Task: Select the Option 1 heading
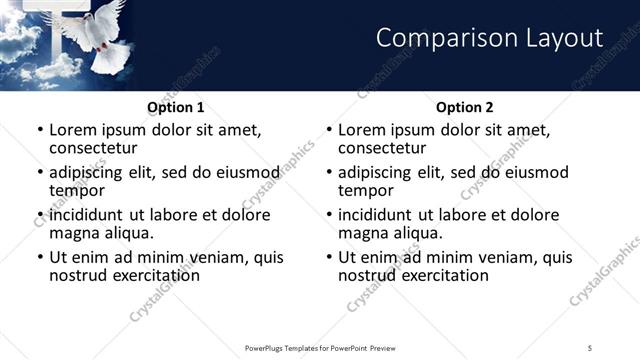176,107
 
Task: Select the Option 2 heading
465,107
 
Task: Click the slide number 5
590,347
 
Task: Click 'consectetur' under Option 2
383,149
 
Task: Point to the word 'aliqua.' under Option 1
127,233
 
